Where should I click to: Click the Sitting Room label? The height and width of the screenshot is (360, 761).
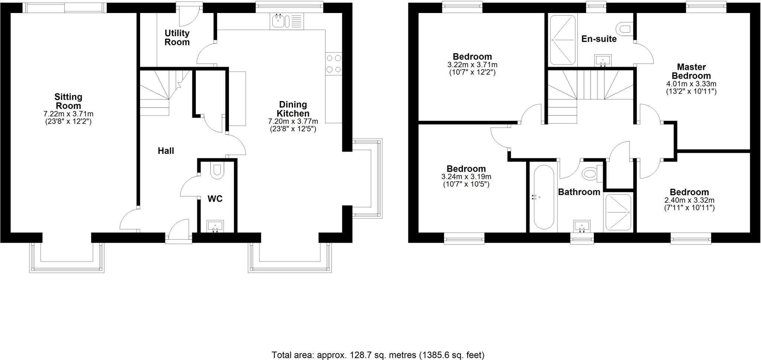(68, 101)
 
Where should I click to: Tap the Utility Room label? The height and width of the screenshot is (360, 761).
(177, 38)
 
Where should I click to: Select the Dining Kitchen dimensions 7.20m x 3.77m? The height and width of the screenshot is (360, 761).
(293, 121)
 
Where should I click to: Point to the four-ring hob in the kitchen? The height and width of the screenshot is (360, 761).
(333, 64)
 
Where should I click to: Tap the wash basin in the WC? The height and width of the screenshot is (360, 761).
(215, 226)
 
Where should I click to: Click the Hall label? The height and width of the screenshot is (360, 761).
(166, 151)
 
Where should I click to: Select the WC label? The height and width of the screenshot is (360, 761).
(215, 199)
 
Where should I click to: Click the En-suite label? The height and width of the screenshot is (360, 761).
(599, 39)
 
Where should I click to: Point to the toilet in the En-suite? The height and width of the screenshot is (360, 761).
(624, 28)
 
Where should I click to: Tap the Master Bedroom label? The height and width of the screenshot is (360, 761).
(691, 71)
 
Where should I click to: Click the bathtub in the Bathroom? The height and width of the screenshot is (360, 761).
(544, 197)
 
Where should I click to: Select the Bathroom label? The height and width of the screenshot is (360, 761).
(579, 192)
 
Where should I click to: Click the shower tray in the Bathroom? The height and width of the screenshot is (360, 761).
(618, 212)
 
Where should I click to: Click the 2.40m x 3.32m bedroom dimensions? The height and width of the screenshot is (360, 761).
(689, 200)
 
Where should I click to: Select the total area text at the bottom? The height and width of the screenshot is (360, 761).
(378, 355)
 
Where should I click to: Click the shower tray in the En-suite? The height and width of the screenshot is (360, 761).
(563, 40)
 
